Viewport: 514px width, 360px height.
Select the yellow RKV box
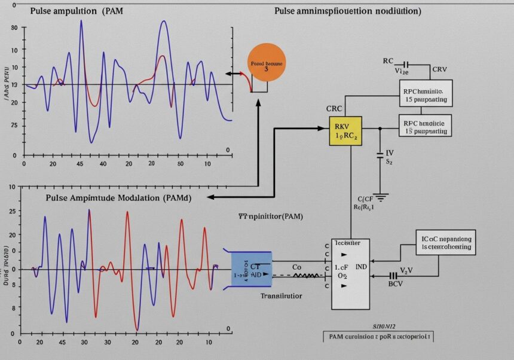point(346,132)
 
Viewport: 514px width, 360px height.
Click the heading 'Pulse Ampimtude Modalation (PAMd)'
point(118,197)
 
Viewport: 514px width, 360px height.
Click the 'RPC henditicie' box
point(426,125)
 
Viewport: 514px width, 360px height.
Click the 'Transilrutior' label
point(281,295)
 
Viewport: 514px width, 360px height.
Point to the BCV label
point(396,285)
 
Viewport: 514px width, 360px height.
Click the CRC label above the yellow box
point(335,109)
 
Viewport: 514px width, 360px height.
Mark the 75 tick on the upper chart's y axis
point(14,125)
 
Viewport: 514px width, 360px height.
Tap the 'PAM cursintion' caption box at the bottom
point(378,337)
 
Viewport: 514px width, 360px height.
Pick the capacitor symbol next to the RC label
point(406,63)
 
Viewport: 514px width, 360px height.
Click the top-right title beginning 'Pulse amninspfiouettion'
point(347,11)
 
